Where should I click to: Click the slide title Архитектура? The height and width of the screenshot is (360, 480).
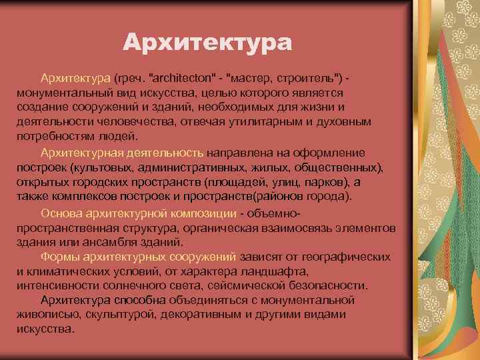click(207, 44)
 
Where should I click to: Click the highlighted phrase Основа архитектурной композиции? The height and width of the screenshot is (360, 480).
click(139, 214)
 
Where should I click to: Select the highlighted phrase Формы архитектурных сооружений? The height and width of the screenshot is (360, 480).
click(138, 257)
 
